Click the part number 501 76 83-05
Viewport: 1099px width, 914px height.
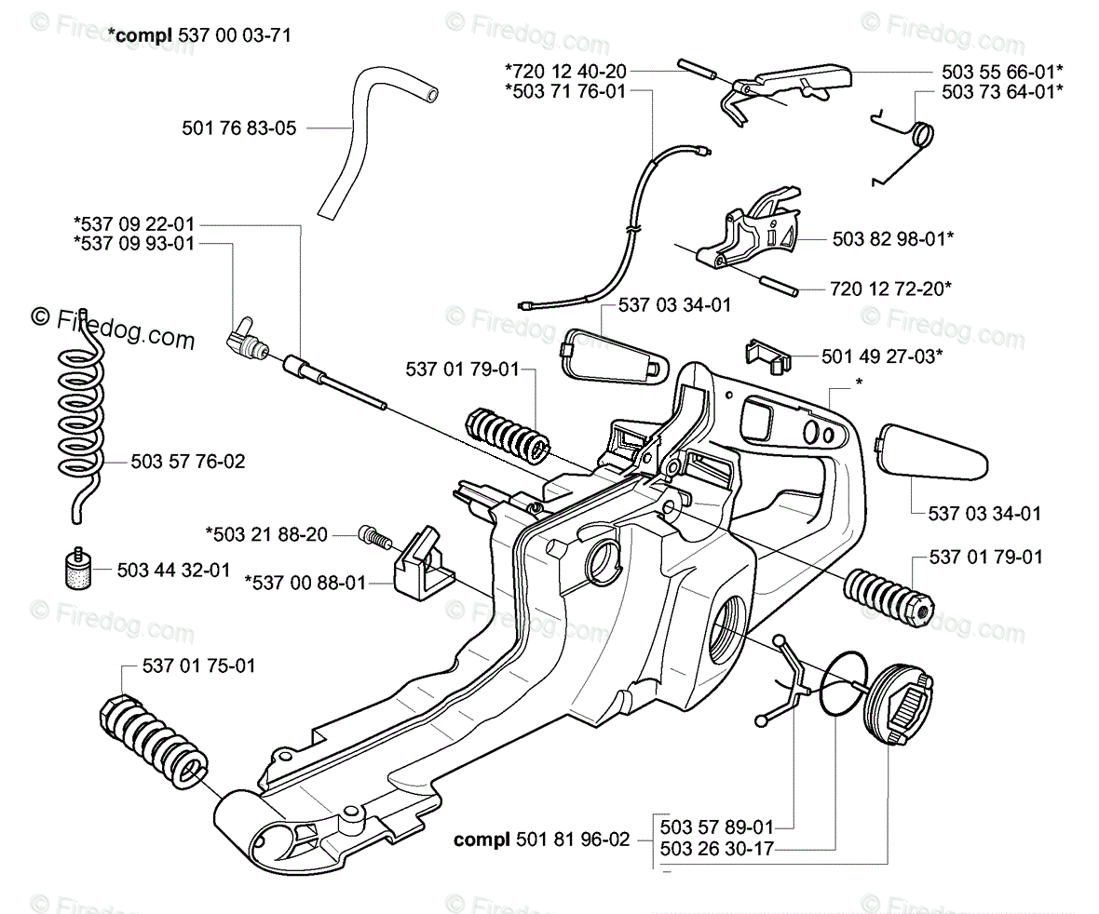coord(239,128)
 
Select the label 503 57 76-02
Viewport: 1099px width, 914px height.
coord(188,462)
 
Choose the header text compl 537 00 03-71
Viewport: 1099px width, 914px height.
coord(199,35)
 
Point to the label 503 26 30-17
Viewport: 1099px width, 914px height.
coord(716,849)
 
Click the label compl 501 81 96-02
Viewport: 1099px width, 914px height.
coord(542,839)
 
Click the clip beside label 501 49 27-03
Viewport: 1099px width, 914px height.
coord(768,356)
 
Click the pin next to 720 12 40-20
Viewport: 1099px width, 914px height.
coord(696,69)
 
